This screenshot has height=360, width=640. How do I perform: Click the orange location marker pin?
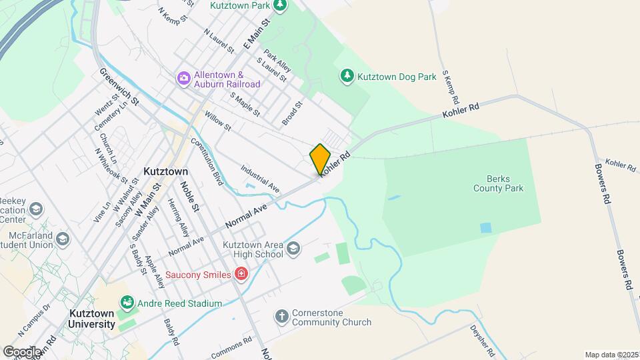[320, 159]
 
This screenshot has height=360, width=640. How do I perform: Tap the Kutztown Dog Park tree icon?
[347, 76]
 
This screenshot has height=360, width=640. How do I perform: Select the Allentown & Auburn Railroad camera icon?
[183, 79]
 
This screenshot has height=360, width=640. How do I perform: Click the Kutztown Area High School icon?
[292, 250]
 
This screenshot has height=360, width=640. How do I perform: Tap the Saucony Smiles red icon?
[241, 274]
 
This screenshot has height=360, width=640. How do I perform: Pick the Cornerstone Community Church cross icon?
[282, 316]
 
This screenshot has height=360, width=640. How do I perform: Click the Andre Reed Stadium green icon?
[126, 304]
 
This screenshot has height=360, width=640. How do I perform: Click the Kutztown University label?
[91, 318]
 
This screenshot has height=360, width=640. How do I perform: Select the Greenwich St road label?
[119, 87]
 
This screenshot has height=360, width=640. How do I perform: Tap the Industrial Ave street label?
[260, 179]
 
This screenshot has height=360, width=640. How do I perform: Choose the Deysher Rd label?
[481, 339]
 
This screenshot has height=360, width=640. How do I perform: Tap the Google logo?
[21, 351]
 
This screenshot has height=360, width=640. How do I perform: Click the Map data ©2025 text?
[611, 355]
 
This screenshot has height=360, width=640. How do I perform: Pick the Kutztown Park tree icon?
[281, 5]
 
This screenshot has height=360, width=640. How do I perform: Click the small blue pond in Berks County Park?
[486, 228]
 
